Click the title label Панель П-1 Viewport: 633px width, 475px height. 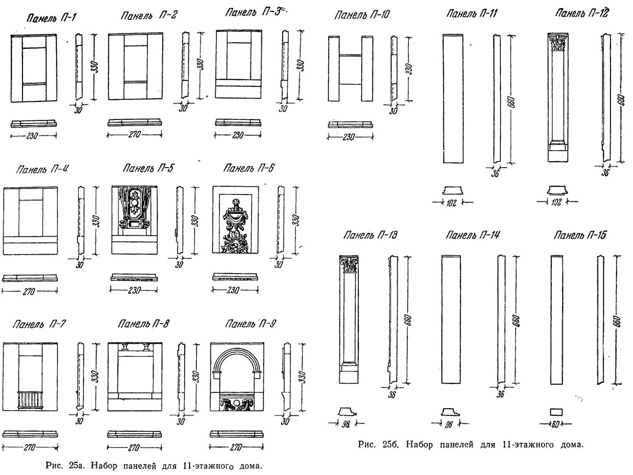pos(51,18)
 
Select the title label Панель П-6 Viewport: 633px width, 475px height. pos(249,168)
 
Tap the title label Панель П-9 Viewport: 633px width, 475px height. pos(250,324)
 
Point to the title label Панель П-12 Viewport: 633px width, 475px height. pos(581,13)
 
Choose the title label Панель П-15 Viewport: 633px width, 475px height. pos(580,235)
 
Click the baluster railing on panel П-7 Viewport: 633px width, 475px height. pos(30,400)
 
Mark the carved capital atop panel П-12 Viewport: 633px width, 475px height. pos(557,43)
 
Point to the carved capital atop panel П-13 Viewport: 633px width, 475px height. pos(349,264)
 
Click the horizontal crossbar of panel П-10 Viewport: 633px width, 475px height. pos(350,55)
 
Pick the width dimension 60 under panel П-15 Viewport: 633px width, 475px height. pos(556,424)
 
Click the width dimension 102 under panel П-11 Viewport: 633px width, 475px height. pos(452,203)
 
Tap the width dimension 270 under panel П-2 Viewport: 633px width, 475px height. pos(134,134)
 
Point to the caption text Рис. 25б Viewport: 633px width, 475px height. pos(378,445)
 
